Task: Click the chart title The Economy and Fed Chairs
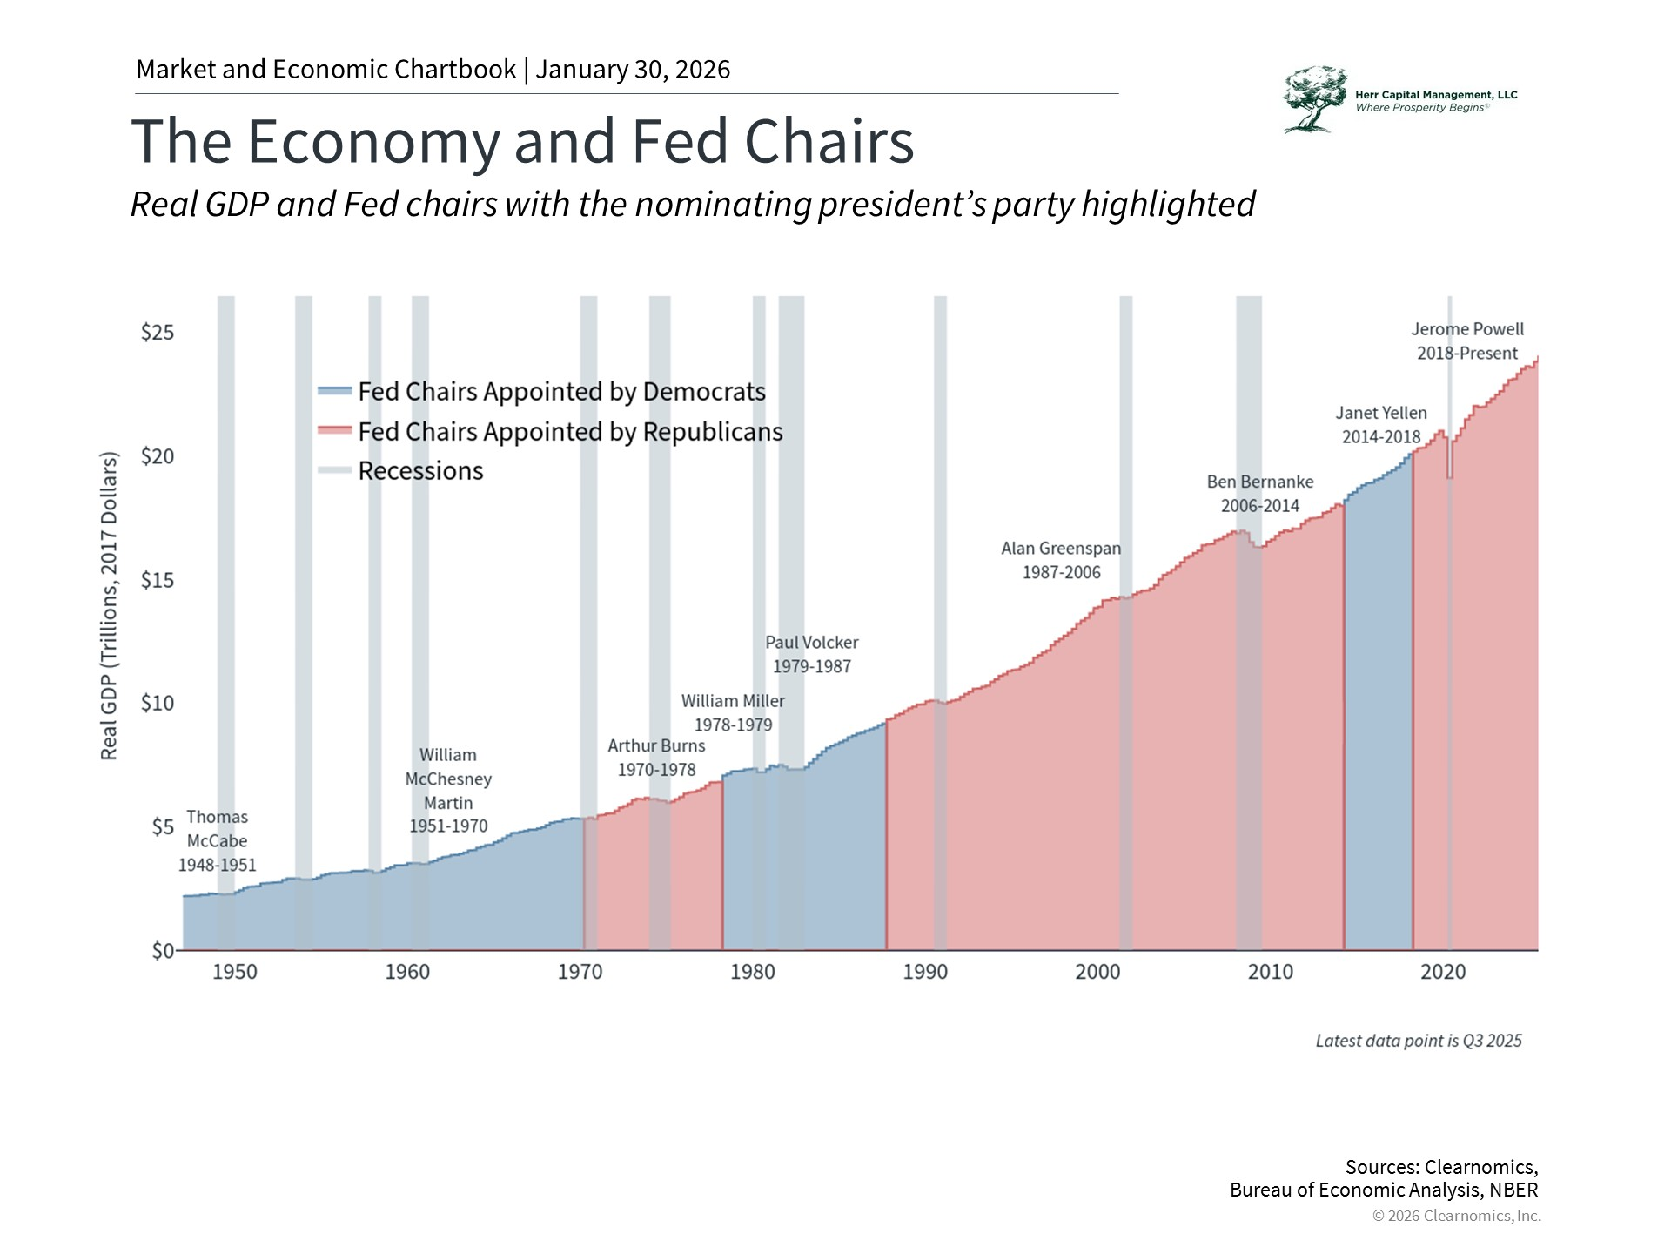coord(522,141)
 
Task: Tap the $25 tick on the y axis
coord(158,333)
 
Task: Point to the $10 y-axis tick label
coord(158,703)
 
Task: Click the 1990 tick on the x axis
coord(924,972)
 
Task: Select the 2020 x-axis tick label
coord(1443,972)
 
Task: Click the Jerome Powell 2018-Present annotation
coord(1467,341)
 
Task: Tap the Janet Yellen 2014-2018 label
coord(1381,425)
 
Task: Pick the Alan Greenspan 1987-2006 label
coord(1061,560)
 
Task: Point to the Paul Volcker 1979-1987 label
coord(812,654)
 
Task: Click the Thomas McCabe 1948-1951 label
coord(218,840)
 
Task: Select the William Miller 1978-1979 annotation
coord(733,712)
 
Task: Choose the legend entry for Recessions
coord(420,471)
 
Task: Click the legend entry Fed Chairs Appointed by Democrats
coord(561,392)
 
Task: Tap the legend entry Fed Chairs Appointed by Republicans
coord(570,432)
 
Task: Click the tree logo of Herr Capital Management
coord(1313,99)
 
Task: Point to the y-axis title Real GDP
coord(109,605)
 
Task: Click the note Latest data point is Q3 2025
coord(1419,1041)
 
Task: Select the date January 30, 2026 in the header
coord(633,70)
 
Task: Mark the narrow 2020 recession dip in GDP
coord(1450,466)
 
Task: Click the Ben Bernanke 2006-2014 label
coord(1260,494)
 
